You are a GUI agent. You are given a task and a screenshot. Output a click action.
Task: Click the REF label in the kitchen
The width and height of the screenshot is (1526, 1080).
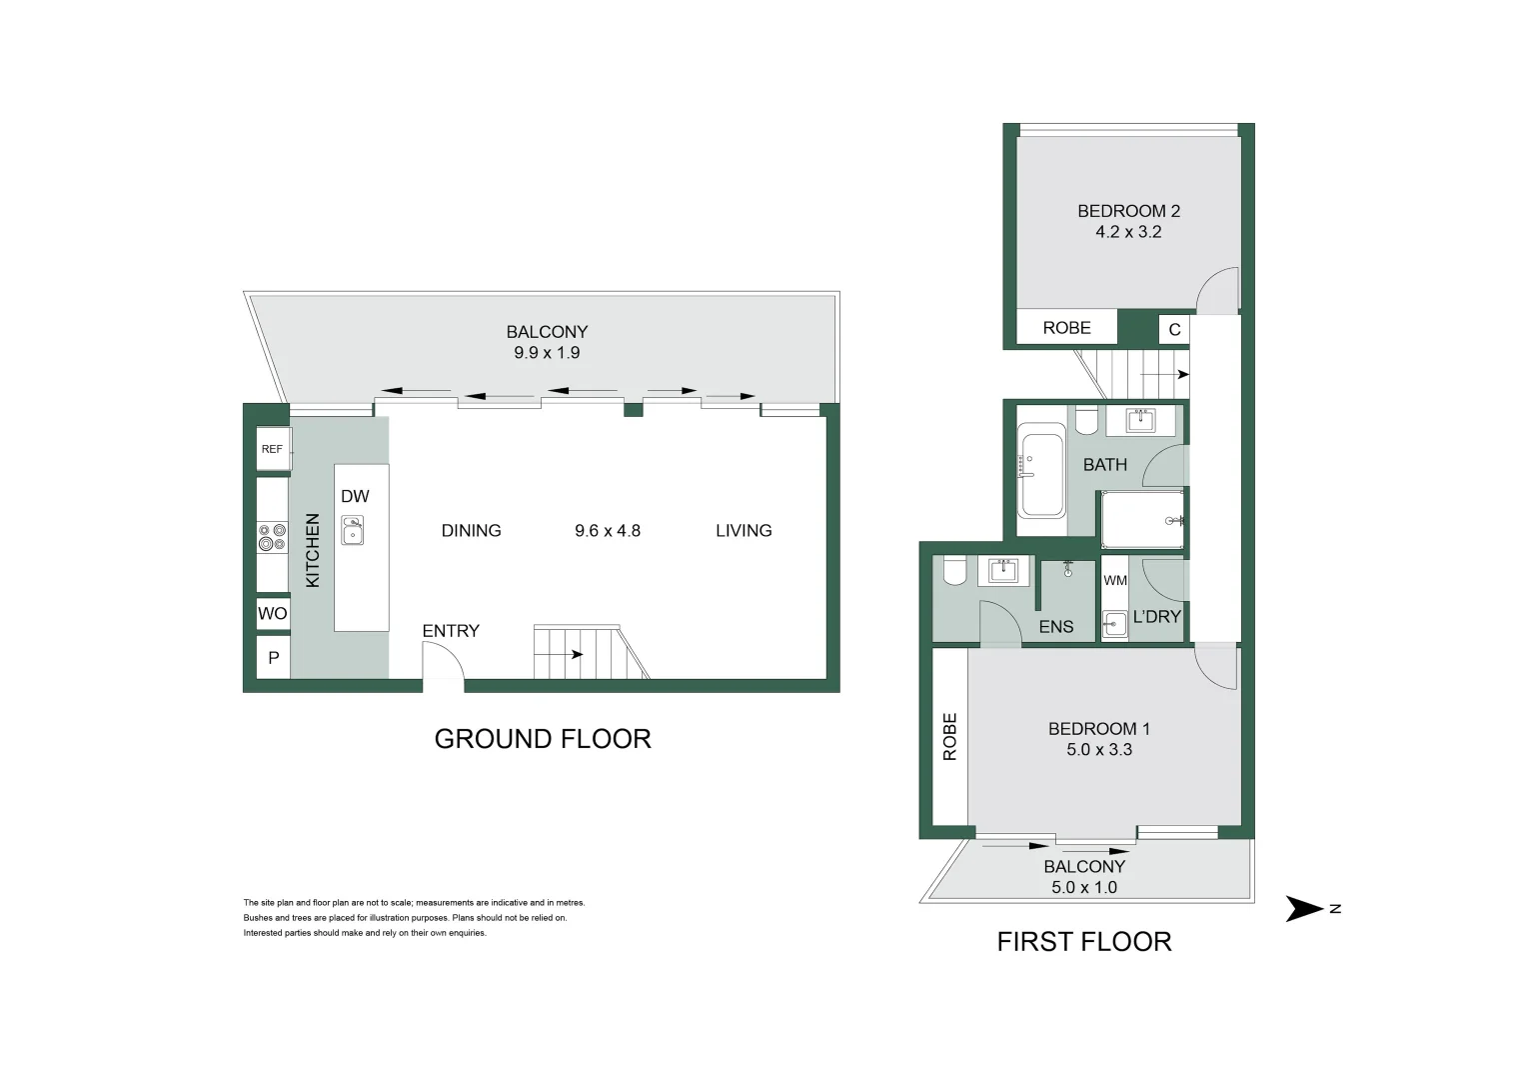click(x=272, y=449)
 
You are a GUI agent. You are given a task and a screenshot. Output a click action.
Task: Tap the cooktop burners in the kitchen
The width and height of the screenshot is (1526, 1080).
click(x=272, y=538)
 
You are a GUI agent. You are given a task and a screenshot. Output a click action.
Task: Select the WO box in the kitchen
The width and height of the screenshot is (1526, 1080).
click(x=272, y=613)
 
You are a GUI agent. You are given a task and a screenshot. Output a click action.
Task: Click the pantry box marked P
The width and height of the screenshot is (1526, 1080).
click(x=273, y=659)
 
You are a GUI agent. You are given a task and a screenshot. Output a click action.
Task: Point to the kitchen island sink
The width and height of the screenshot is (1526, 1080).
click(x=353, y=530)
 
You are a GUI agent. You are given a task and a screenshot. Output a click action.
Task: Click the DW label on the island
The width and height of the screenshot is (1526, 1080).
click(x=355, y=496)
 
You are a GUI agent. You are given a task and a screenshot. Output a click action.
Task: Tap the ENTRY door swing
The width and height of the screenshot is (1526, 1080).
click(x=443, y=662)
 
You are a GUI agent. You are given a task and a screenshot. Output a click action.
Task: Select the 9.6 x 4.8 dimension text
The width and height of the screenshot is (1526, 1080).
click(x=607, y=531)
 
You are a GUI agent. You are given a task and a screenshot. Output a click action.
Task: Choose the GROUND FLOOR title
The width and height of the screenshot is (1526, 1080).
click(x=543, y=739)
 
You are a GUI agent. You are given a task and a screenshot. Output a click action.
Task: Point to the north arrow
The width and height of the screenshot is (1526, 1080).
click(x=1304, y=909)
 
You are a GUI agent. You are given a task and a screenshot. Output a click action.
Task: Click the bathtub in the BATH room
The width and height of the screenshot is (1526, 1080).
click(x=1041, y=470)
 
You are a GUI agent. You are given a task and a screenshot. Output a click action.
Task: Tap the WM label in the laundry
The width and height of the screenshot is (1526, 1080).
click(x=1115, y=581)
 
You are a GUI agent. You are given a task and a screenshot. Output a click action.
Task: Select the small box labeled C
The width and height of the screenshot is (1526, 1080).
click(x=1174, y=329)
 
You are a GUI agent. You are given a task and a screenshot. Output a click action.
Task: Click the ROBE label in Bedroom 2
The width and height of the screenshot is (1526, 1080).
click(x=1066, y=328)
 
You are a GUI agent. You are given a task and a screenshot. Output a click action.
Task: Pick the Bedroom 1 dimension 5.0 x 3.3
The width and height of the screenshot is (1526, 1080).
click(x=1098, y=750)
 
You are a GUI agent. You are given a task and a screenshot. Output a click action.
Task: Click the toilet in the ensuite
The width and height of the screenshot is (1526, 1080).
click(x=953, y=571)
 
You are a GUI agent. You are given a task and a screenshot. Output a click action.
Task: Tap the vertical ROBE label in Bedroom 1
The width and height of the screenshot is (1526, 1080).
click(x=950, y=736)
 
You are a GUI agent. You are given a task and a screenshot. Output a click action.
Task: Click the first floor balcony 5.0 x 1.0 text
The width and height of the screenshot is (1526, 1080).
click(x=1084, y=887)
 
